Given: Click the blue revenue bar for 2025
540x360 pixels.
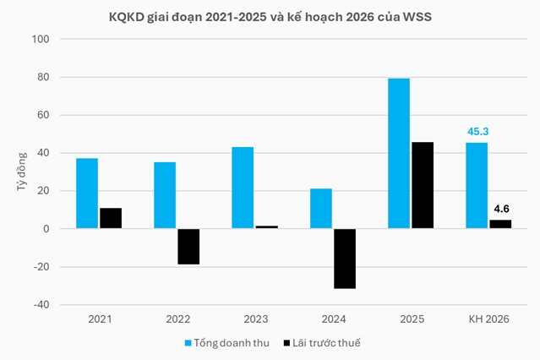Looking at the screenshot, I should pyautogui.click(x=399, y=153).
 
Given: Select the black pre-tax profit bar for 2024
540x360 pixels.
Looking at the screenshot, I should pyautogui.click(x=344, y=259).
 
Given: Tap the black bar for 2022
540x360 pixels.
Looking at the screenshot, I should pyautogui.click(x=188, y=247).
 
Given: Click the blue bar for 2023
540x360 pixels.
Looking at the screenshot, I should pyautogui.click(x=243, y=188).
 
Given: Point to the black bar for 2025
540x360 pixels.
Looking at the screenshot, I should pyautogui.click(x=422, y=185).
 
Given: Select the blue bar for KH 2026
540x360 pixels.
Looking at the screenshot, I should pyautogui.click(x=477, y=185).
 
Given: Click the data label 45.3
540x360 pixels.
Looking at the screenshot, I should pyautogui.click(x=477, y=132).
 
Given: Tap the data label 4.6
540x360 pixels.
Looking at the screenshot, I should pyautogui.click(x=501, y=209).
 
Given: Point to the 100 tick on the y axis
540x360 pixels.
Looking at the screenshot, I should pyautogui.click(x=42, y=40).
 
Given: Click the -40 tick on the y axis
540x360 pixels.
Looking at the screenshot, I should pyautogui.click(x=42, y=305).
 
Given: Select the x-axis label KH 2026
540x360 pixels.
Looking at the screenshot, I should pyautogui.click(x=489, y=319).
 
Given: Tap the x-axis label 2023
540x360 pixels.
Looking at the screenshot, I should pyautogui.click(x=254, y=319).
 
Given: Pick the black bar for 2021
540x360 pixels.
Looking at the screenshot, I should pyautogui.click(x=110, y=218).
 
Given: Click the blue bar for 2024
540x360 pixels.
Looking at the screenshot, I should pyautogui.click(x=321, y=209).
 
